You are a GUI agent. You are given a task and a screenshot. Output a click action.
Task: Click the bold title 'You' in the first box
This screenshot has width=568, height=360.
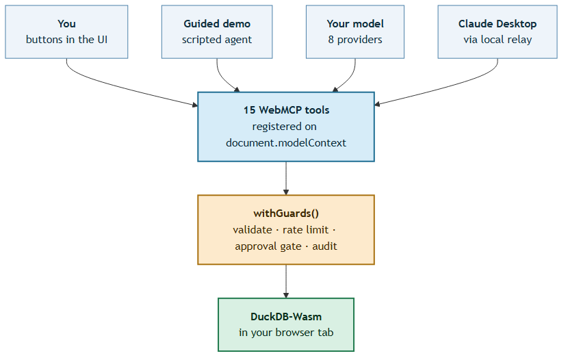click(66, 24)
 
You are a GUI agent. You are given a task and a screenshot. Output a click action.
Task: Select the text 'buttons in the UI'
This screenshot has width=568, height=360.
click(66, 40)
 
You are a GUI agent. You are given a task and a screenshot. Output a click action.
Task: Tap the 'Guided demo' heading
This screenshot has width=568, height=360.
click(217, 24)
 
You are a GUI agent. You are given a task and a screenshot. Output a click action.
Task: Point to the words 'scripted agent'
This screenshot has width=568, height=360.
click(217, 40)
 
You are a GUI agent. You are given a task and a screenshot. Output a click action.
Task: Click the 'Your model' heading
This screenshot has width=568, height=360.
click(355, 24)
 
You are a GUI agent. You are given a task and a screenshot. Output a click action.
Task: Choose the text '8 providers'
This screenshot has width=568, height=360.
click(355, 40)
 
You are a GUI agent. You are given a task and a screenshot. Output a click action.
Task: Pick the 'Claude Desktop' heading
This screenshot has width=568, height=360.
click(498, 24)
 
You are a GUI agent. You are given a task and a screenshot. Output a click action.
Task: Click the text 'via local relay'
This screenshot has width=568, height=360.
click(498, 40)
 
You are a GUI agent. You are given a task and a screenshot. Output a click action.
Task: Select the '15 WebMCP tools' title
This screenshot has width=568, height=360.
click(286, 110)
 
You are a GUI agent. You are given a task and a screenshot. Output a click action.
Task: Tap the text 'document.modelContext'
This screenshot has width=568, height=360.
click(286, 143)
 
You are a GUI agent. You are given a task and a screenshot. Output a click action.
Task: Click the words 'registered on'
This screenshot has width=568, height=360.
click(285, 127)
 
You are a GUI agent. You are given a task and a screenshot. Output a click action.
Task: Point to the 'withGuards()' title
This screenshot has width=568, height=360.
click(286, 214)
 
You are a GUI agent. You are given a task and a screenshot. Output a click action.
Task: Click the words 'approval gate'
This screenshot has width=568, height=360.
click(268, 246)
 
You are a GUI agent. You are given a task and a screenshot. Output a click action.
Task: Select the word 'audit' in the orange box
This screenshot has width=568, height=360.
click(324, 246)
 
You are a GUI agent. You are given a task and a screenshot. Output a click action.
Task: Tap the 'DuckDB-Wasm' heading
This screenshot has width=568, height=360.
click(286, 317)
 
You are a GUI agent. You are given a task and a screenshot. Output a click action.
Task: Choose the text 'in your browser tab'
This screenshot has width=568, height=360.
click(286, 333)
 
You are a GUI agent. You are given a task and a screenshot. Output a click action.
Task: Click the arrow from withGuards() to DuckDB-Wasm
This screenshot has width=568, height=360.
click(286, 281)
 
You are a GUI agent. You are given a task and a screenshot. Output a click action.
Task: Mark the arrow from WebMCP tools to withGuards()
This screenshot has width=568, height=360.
click(286, 178)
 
